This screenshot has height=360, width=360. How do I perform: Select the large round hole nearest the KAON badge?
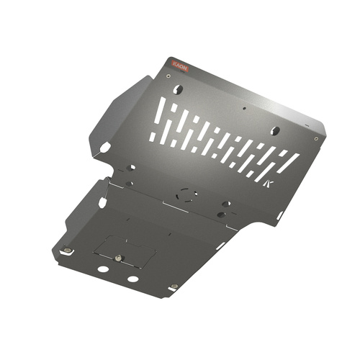click(x=179, y=89)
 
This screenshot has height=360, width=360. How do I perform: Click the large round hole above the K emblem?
click(x=274, y=131)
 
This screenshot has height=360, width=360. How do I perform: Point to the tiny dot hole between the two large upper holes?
click(x=244, y=110)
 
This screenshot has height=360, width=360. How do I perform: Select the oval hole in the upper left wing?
click(x=105, y=147)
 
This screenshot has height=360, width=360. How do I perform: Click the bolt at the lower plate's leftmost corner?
click(x=66, y=251)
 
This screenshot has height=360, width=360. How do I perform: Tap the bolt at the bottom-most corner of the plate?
click(x=174, y=287)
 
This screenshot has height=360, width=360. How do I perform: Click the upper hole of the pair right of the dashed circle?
click(x=227, y=204)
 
